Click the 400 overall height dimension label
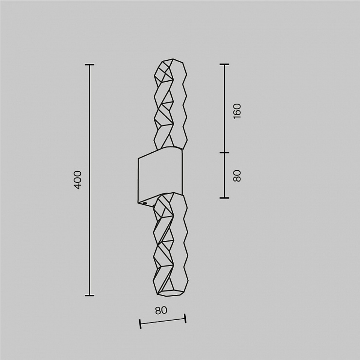78,180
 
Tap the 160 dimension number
237,111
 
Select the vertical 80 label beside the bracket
237,176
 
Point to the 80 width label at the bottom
161,310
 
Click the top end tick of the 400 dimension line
90,65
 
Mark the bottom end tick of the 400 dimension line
90,295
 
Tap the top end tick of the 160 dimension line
224,65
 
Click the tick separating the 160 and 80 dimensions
224,152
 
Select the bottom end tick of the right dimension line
224,198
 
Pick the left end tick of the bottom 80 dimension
140,324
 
